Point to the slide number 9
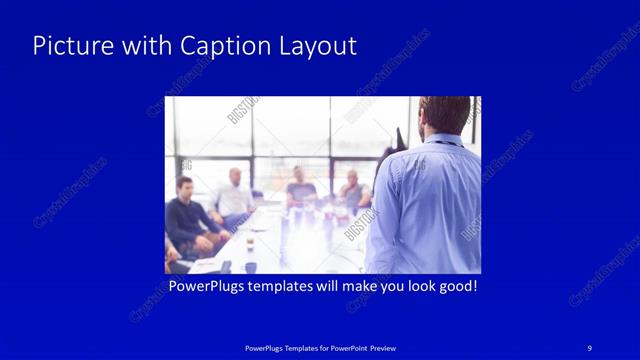589,347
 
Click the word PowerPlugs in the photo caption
207,286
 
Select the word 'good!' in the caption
455,286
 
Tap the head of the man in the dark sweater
184,187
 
